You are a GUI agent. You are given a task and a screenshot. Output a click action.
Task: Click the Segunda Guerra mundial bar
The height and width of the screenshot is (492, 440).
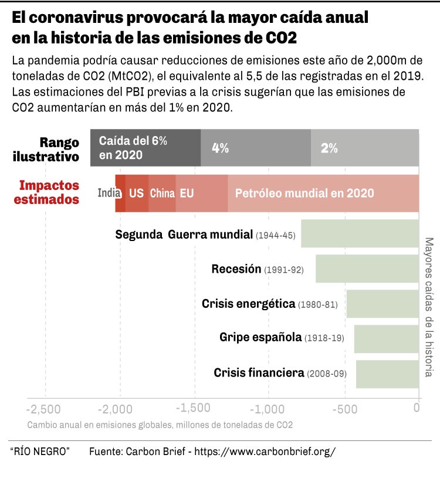[360, 234]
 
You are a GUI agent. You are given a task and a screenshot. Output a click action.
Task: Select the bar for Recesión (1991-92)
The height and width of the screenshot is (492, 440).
[367, 269]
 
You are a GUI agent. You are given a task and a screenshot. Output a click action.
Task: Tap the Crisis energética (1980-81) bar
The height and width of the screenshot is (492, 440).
[383, 304]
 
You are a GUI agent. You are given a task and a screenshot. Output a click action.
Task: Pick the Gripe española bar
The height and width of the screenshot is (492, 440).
[386, 338]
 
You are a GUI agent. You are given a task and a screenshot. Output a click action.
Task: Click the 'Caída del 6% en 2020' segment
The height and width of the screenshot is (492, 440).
[145, 148]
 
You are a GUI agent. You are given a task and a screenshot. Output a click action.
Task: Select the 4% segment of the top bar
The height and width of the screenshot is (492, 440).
[256, 148]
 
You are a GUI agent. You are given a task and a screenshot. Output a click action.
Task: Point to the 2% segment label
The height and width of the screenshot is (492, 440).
[329, 148]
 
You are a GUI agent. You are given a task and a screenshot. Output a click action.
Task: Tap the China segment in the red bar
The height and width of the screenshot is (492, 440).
[162, 193]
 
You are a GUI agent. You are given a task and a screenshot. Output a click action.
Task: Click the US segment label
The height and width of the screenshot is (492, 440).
[136, 193]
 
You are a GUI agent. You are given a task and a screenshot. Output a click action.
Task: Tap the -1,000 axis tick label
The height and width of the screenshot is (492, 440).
[268, 407]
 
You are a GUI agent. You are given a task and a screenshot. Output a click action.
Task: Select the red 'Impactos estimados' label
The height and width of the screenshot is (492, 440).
[49, 192]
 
